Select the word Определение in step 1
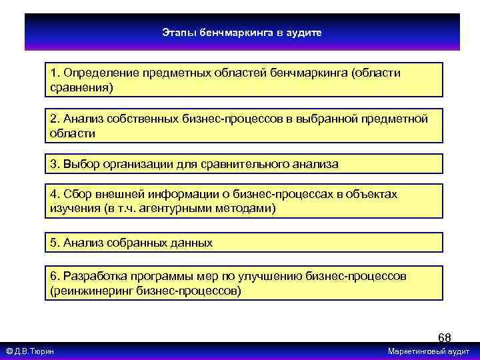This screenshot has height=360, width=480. coord(96,73)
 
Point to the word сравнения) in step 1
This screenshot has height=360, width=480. coord(81,87)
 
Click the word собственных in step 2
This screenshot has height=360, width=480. coord(139,119)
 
